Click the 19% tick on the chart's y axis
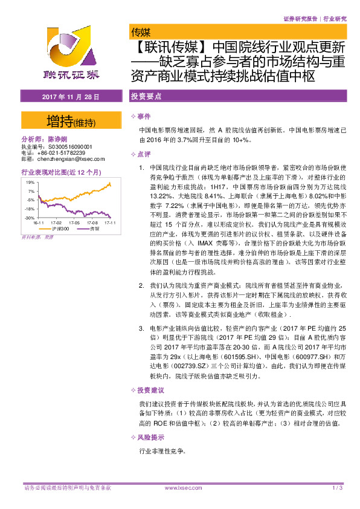click(x=30, y=181)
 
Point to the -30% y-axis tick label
click(x=30, y=217)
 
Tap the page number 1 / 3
click(x=337, y=488)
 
